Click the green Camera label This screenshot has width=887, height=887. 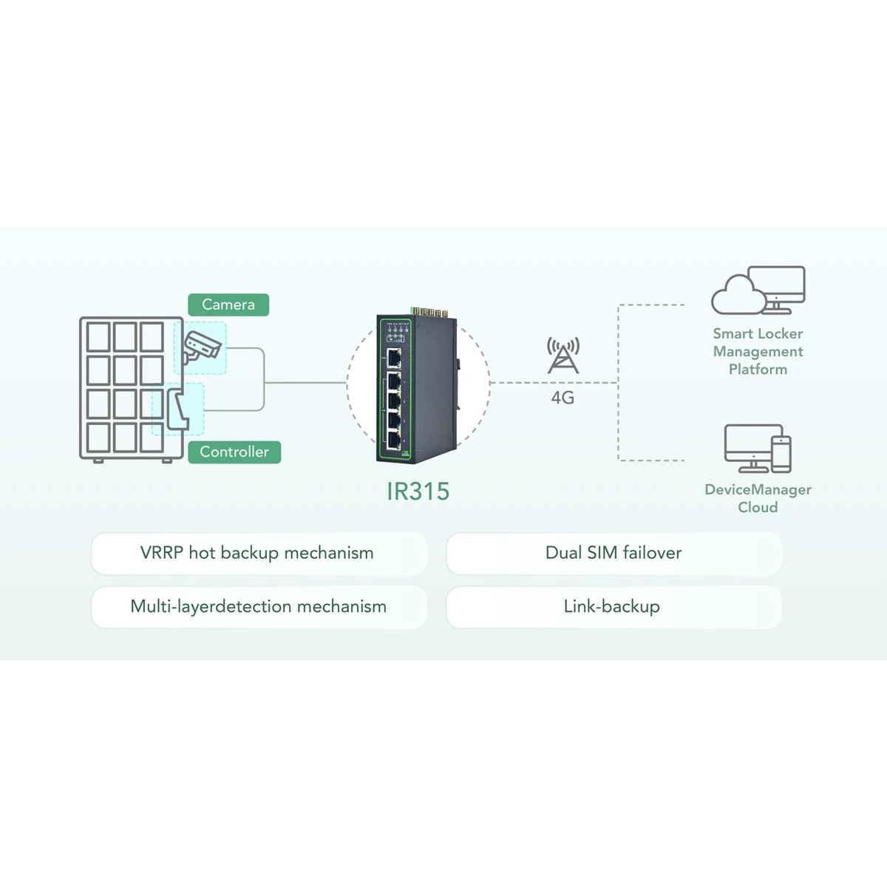[228, 305]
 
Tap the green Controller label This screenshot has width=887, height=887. [234, 452]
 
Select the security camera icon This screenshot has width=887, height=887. [201, 347]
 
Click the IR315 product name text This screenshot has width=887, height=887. [418, 492]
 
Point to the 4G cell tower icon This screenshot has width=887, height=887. [563, 356]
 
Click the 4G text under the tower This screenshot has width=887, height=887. [563, 398]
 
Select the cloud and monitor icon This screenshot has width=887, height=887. [758, 290]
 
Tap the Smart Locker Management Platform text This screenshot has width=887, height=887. [758, 351]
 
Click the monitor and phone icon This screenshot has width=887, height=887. [758, 449]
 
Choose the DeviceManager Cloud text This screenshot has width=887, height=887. [758, 498]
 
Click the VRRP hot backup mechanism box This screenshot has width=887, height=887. [259, 553]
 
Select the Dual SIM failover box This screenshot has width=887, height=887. [614, 553]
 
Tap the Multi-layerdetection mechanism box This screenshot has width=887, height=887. [259, 607]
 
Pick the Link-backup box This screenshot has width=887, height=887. [614, 607]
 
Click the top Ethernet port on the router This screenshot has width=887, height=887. [394, 359]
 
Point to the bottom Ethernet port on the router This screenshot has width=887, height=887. [394, 440]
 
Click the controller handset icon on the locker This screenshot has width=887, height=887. [178, 409]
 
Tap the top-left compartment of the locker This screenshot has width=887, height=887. [98, 337]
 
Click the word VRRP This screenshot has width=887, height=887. [161, 553]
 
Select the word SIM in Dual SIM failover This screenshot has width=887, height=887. [602, 553]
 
